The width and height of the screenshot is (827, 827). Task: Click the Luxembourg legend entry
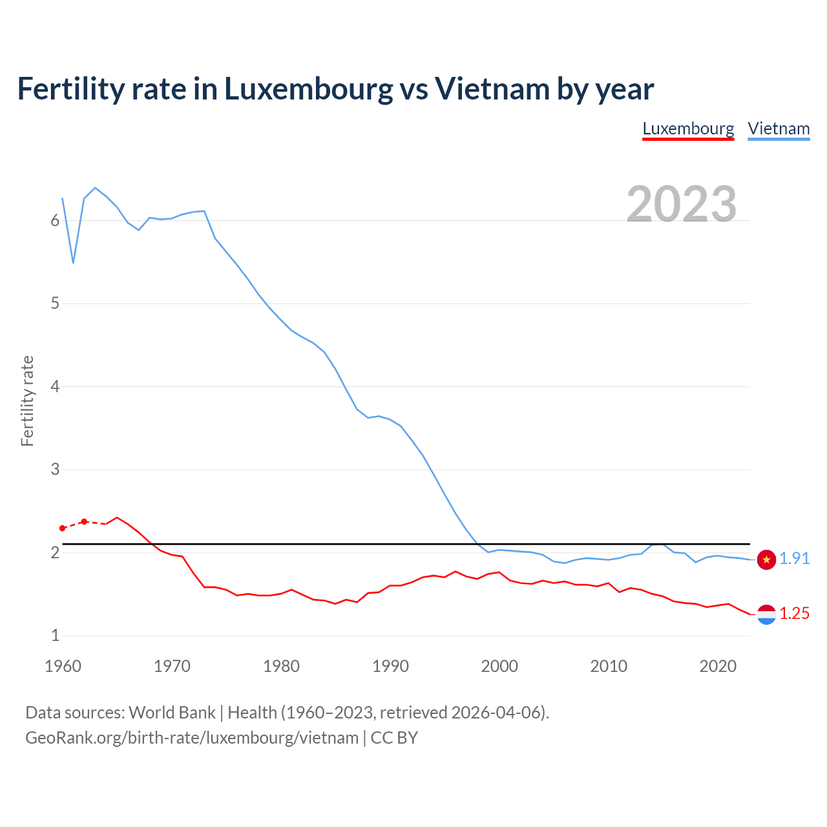[688, 129]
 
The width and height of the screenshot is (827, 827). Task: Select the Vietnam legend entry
[779, 129]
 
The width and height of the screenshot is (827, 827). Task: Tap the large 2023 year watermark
[682, 204]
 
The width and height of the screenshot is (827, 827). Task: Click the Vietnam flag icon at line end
[766, 560]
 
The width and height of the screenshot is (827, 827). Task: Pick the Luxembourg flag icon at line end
[766, 614]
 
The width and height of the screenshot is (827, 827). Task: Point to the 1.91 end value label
[794, 559]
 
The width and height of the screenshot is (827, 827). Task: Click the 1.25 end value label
[794, 614]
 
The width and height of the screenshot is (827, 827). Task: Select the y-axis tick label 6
[55, 221]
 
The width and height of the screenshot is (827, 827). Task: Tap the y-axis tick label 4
[55, 387]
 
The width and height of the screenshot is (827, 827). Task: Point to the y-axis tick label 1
[55, 636]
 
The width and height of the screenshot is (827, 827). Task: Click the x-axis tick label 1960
[63, 666]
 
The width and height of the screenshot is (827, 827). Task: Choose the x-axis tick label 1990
[390, 666]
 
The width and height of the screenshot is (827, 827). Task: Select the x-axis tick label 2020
[718, 666]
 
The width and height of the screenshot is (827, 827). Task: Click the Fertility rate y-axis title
[27, 401]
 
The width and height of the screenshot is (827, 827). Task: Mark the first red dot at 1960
[63, 529]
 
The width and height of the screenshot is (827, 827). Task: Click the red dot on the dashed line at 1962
[84, 521]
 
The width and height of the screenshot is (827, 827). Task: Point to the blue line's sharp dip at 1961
[73, 262]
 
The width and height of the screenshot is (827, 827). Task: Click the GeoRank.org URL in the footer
[192, 738]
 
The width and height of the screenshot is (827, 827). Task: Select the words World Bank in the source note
[172, 713]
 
